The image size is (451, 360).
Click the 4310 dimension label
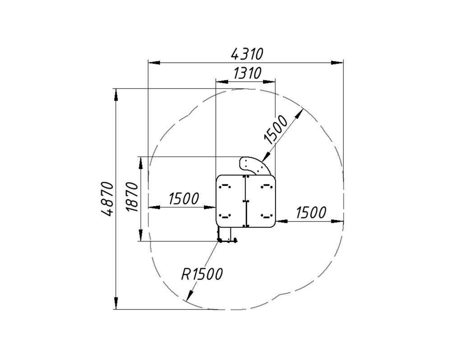[247, 54]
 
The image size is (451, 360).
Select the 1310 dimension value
[247, 73]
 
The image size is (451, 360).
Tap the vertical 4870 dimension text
[107, 198]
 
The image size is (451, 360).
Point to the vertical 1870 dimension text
[132, 197]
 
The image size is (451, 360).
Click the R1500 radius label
[202, 274]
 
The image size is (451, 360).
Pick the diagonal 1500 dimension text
[276, 129]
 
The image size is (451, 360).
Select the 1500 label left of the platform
[184, 198]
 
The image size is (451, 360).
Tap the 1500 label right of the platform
[311, 212]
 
